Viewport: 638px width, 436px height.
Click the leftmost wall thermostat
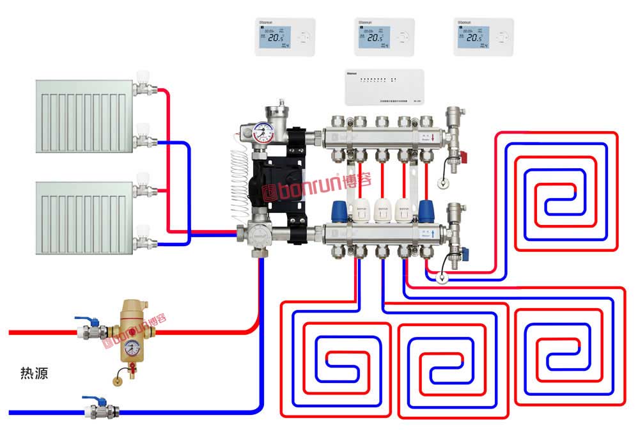point(285,37)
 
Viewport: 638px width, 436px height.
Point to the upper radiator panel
point(82,115)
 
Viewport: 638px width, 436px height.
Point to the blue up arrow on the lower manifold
point(434,233)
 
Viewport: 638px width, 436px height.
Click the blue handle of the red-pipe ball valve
point(82,319)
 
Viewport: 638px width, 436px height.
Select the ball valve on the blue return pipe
point(96,407)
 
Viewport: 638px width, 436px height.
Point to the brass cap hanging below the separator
point(118,381)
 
